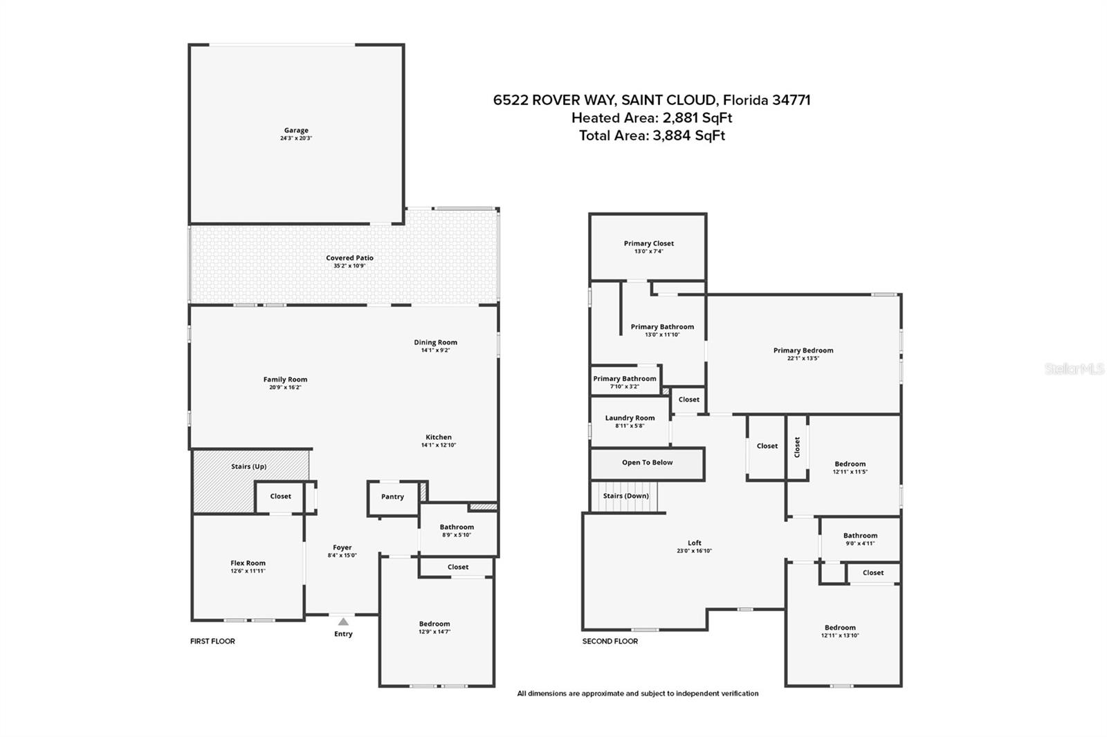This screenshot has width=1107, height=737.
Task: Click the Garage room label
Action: pyautogui.click(x=296, y=131)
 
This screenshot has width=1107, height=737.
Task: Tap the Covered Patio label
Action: pyautogui.click(x=349, y=258)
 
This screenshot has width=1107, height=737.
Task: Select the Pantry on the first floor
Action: pyautogui.click(x=392, y=497)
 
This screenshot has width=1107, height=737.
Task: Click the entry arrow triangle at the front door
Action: pyautogui.click(x=343, y=622)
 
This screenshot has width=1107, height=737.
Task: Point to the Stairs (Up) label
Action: pyautogui.click(x=248, y=466)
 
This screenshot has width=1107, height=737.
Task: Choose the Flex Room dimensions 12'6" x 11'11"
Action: pyautogui.click(x=248, y=571)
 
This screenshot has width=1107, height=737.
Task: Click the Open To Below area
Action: pyautogui.click(x=648, y=463)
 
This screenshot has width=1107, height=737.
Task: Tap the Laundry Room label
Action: pyautogui.click(x=630, y=418)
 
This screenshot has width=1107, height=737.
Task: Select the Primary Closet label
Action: pyautogui.click(x=648, y=243)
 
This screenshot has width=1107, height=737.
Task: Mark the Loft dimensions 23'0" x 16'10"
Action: pyautogui.click(x=695, y=551)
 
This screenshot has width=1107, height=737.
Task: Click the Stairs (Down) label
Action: pyautogui.click(x=625, y=496)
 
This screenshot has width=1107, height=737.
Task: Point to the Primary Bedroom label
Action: pyautogui.click(x=803, y=351)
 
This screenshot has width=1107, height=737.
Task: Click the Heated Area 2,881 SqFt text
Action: pyautogui.click(x=652, y=118)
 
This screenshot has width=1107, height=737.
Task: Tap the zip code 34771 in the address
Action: pyautogui.click(x=792, y=100)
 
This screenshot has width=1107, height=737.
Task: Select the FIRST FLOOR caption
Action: pyautogui.click(x=212, y=641)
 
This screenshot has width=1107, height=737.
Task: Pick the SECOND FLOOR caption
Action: pyautogui.click(x=610, y=641)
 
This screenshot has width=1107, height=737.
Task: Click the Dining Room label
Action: pyautogui.click(x=435, y=342)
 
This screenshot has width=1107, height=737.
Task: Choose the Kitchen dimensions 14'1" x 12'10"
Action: pyautogui.click(x=439, y=445)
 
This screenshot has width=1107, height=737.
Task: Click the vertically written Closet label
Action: pyautogui.click(x=796, y=447)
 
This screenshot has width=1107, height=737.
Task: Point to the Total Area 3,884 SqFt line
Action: pyautogui.click(x=652, y=136)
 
